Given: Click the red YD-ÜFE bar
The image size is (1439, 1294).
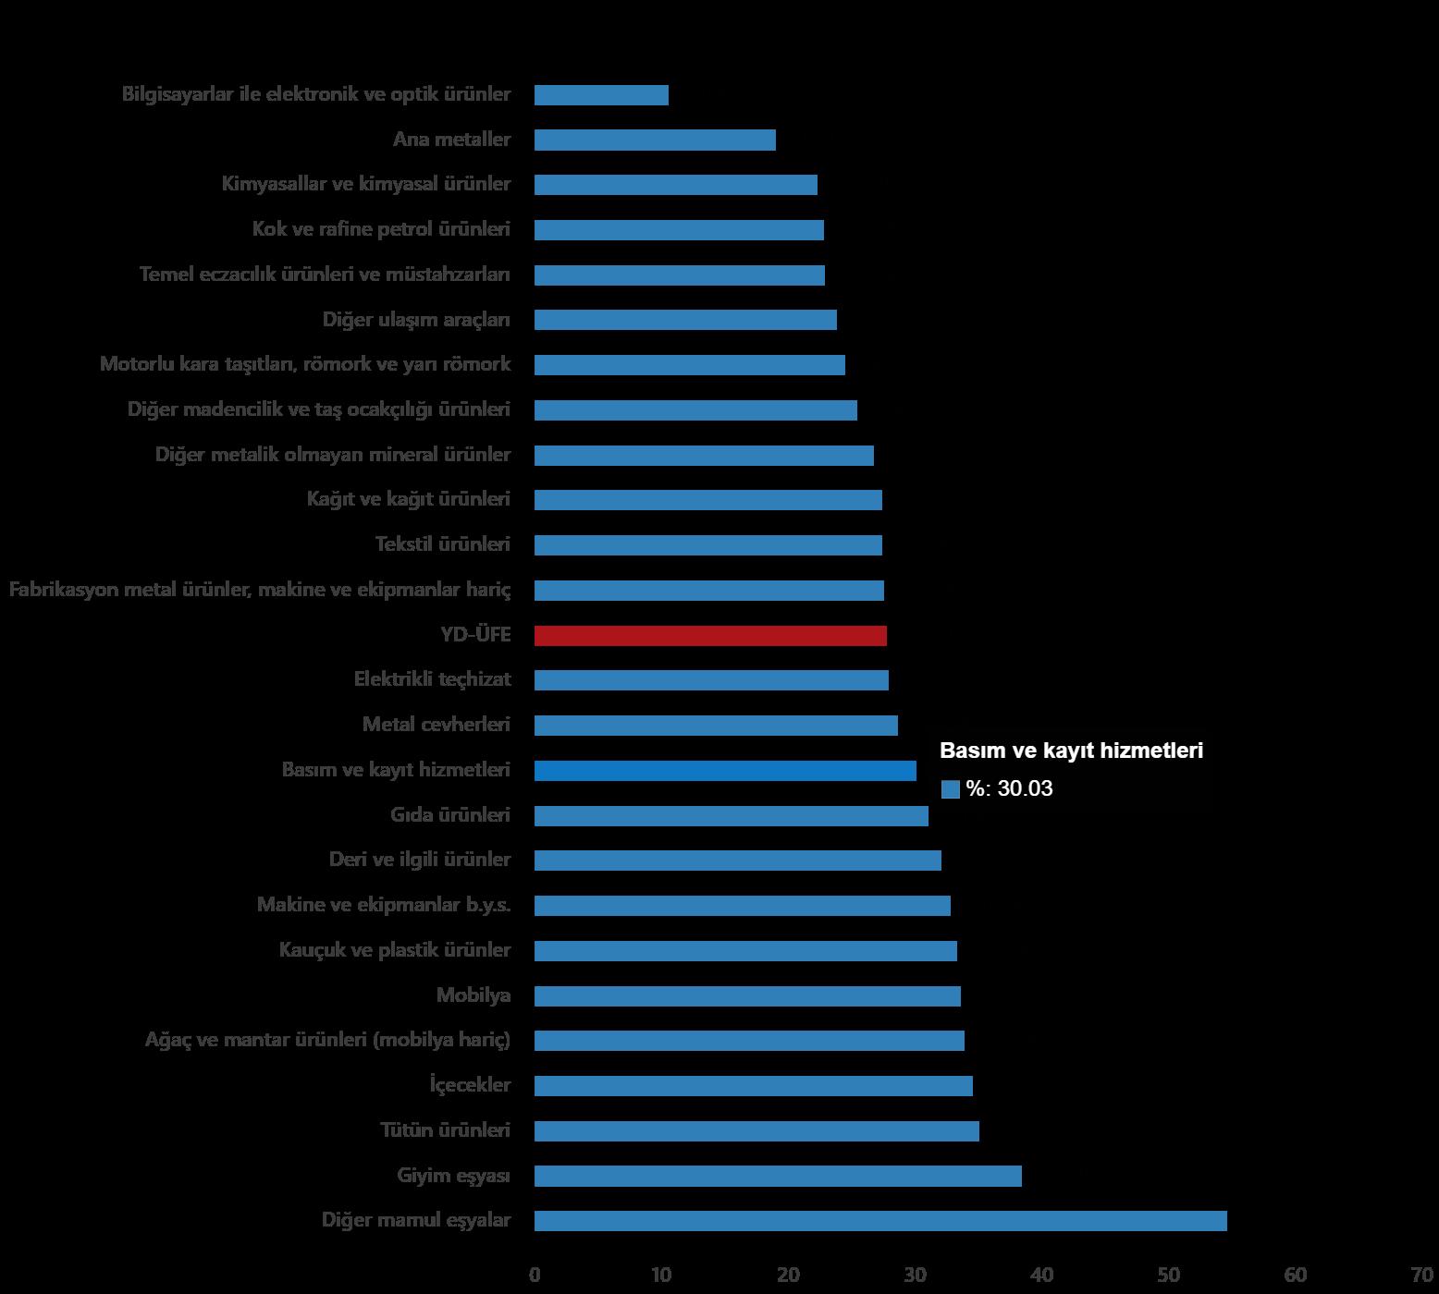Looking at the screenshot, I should (x=710, y=635).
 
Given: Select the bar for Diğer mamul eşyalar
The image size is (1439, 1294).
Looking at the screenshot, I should (x=880, y=1220).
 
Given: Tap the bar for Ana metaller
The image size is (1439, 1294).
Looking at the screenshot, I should (x=655, y=140).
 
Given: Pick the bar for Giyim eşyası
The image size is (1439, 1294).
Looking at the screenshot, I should (x=778, y=1176).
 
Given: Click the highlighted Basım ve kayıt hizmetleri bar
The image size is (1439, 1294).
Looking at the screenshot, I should (x=725, y=770).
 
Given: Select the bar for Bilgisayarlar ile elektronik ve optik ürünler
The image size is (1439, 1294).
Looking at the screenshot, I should (x=601, y=94).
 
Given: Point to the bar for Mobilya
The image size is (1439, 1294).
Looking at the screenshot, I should (x=747, y=995).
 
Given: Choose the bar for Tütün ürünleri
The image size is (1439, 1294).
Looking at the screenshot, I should (x=756, y=1130).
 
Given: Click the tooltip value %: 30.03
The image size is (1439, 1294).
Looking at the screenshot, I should (x=1009, y=788).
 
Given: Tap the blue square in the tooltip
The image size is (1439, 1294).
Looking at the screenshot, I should (x=950, y=789).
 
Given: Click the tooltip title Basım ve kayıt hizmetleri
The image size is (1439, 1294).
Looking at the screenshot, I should (x=1071, y=751).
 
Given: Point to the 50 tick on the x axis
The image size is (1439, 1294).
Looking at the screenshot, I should (x=1168, y=1276).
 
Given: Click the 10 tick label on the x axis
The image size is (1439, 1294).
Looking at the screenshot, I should (x=661, y=1276).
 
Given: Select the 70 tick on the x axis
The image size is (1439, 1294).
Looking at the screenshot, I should (x=1421, y=1276).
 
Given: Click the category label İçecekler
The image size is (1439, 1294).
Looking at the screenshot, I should (x=470, y=1084).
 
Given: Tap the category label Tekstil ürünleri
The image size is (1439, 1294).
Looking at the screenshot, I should (x=442, y=543).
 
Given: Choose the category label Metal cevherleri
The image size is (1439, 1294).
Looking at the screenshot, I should (x=436, y=724).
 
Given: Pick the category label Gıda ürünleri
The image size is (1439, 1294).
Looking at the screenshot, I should (x=450, y=814).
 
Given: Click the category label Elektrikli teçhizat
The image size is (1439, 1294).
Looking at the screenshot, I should (x=432, y=678).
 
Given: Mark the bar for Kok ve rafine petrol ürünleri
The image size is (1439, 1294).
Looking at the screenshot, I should (x=679, y=229).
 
